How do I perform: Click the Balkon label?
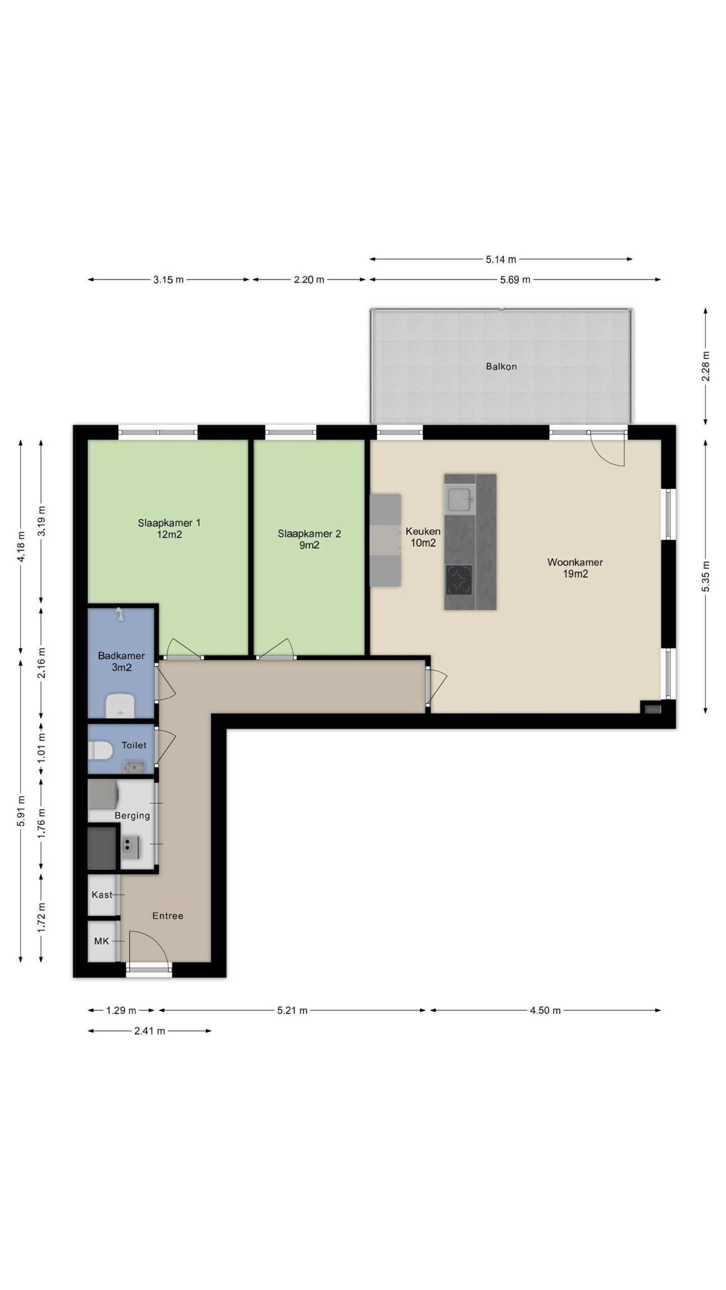point(501,366)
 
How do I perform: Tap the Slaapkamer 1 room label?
point(169,529)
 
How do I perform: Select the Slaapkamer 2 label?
point(309,539)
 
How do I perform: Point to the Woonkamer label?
point(575,568)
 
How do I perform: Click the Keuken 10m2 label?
point(423,537)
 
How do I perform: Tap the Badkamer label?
point(122,662)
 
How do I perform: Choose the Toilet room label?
point(134,745)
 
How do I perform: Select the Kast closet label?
point(102,895)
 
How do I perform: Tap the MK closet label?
point(101,941)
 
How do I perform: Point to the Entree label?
point(168,916)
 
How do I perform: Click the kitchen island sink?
point(459,500)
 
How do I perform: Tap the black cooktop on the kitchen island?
point(459,579)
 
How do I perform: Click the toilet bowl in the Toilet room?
point(100,750)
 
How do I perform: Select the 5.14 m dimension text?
point(501,260)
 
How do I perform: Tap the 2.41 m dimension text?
point(150,1031)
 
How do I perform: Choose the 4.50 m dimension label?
point(545,1010)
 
